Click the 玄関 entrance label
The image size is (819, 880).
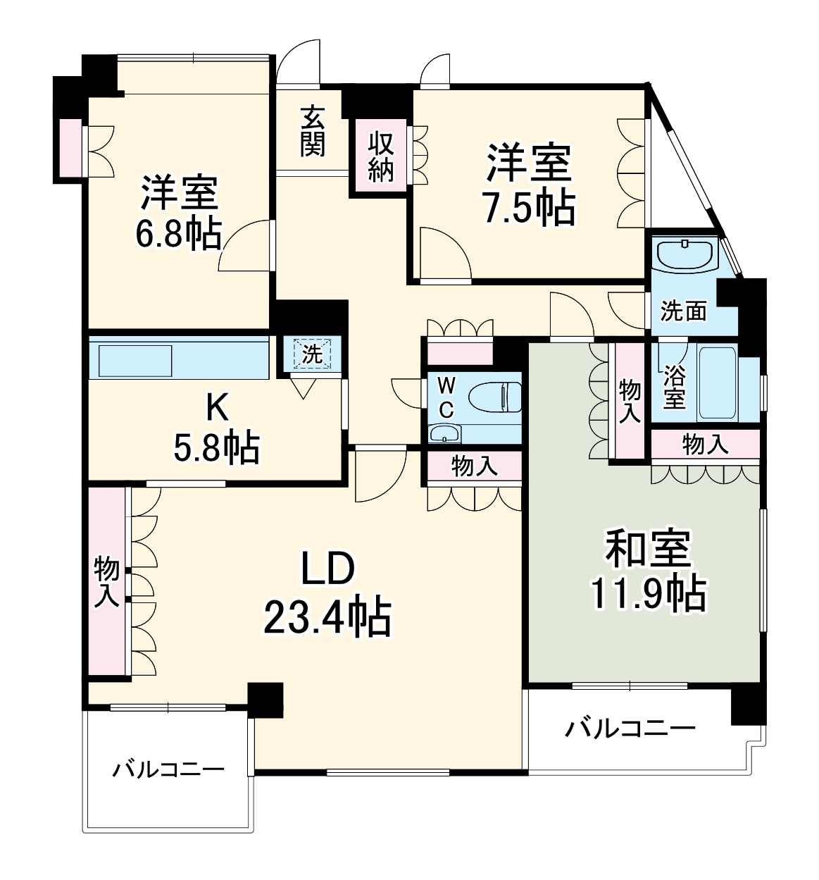point(312,131)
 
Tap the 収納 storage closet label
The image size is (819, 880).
point(380,157)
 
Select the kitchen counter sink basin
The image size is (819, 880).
point(135,361)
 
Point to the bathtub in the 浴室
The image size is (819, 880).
point(718,383)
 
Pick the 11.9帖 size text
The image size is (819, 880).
point(648,594)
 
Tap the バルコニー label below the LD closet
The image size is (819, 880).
point(168,769)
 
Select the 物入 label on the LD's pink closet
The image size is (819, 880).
point(106,581)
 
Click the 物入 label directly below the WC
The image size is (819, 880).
point(474,466)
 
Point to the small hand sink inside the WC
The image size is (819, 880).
point(444,433)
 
